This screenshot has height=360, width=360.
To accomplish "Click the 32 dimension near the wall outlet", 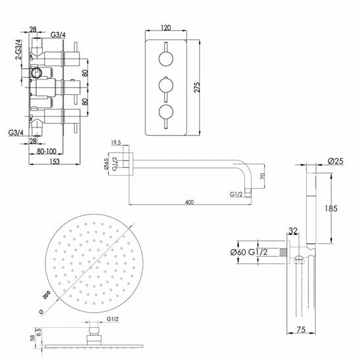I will click(294, 231).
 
